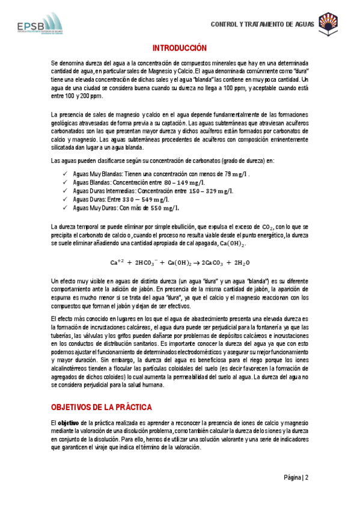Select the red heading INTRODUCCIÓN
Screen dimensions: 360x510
(x=179, y=48)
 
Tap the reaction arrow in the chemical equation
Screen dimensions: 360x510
(x=197, y=263)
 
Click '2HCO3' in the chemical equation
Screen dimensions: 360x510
(x=147, y=263)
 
